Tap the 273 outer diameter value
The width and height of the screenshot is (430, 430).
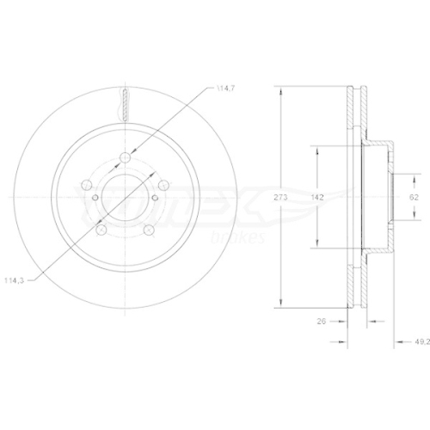click(x=280, y=198)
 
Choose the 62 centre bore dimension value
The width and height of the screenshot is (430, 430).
click(x=413, y=198)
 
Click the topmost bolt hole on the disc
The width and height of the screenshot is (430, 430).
click(x=126, y=157)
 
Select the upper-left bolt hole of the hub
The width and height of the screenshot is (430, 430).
click(x=87, y=184)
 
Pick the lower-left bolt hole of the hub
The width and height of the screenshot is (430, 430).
click(x=101, y=230)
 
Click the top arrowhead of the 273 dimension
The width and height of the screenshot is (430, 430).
click(x=280, y=91)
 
